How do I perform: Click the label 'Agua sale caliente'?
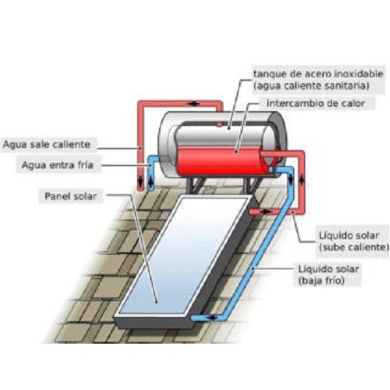(x=46, y=144)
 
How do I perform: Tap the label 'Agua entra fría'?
(x=57, y=165)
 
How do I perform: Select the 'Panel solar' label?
(x=71, y=196)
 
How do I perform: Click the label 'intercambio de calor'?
(x=316, y=103)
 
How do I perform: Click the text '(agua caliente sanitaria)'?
(x=311, y=86)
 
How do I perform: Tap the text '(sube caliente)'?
(x=354, y=247)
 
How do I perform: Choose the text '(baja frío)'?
(x=322, y=281)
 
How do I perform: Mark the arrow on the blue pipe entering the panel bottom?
(x=211, y=317)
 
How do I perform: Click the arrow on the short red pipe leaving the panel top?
(x=266, y=212)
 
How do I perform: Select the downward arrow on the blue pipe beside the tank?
(x=291, y=180)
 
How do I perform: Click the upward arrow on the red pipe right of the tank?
(x=301, y=180)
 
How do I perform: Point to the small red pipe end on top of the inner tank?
(x=219, y=124)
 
